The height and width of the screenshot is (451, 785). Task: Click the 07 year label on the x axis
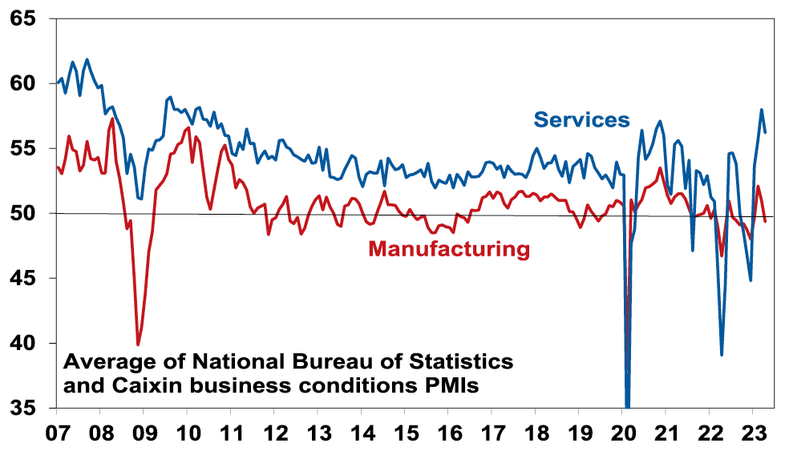(x=56, y=433)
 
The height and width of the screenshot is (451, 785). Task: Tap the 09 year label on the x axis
(x=144, y=433)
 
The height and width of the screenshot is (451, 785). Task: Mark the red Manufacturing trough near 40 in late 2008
(x=138, y=344)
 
